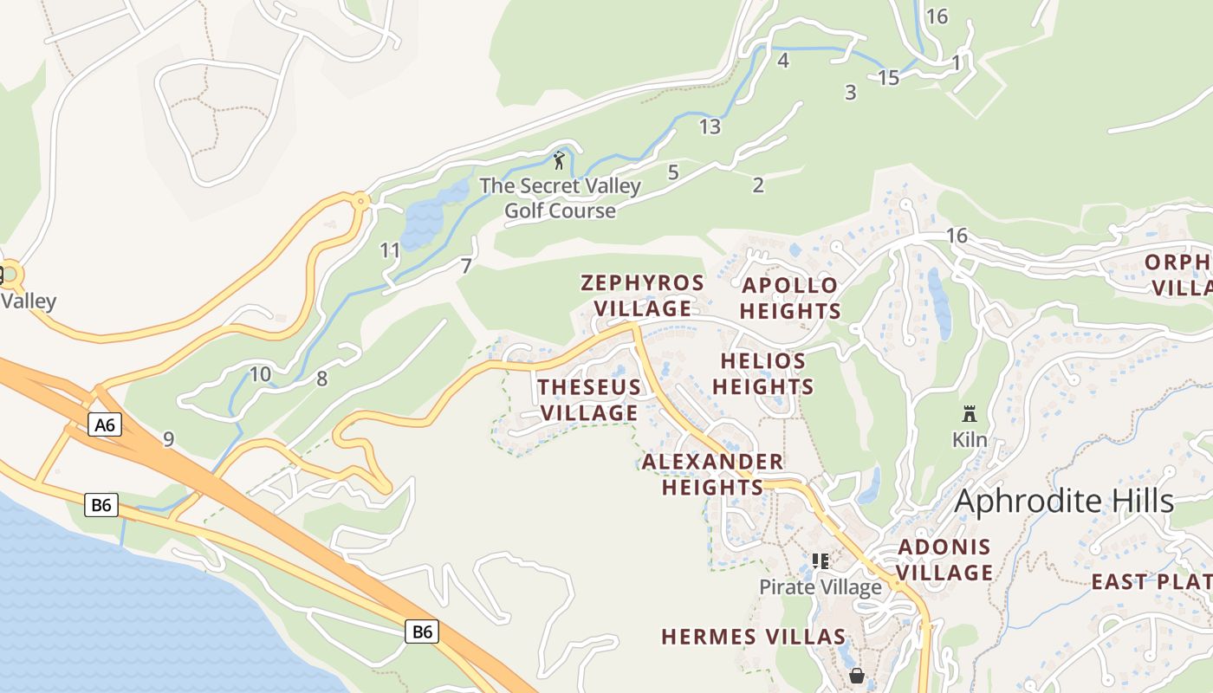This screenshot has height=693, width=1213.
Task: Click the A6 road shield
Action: tap(104, 424)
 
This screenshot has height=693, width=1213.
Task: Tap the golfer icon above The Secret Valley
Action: tap(559, 160)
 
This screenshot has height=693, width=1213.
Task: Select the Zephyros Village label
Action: tap(642, 295)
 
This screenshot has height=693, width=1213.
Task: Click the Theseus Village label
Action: tap(589, 399)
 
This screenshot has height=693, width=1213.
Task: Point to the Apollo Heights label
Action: tap(790, 298)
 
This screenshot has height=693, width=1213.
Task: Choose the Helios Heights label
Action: tap(762, 373)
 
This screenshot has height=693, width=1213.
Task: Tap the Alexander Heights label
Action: tap(712, 474)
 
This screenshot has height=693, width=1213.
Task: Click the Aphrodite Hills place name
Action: tap(1063, 501)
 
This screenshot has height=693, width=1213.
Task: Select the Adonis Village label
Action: tap(944, 560)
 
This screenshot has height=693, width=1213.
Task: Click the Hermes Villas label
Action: tap(753, 637)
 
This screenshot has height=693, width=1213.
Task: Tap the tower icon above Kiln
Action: tap(970, 414)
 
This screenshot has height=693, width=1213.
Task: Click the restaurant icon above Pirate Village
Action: tap(820, 561)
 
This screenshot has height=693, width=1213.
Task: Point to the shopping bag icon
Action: tap(857, 675)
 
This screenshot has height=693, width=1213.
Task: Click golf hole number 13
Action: tap(710, 126)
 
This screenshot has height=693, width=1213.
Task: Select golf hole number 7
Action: tap(466, 266)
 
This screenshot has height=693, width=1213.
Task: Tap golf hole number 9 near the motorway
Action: tap(168, 439)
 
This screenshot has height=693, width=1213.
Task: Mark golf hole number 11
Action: tap(390, 251)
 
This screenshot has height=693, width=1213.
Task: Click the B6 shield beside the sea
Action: tap(101, 505)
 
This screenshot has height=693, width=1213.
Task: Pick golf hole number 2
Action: tap(758, 185)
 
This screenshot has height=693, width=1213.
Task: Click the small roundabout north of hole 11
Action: tap(361, 200)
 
